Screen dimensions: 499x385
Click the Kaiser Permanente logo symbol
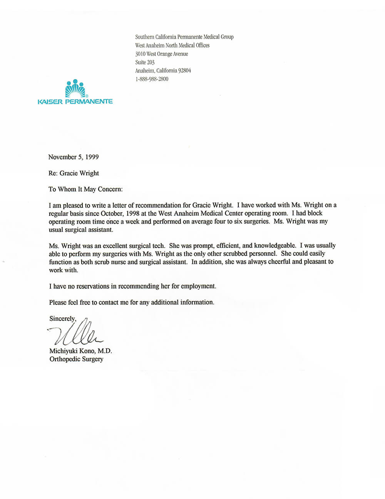point(75,89)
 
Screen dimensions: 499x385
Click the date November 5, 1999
point(73,157)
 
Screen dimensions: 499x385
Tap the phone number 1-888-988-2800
point(152,79)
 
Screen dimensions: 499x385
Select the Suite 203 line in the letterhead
point(145,62)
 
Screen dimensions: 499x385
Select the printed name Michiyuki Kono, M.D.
point(80,351)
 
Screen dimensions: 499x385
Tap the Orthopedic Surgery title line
point(76,359)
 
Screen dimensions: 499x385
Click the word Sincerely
point(62,319)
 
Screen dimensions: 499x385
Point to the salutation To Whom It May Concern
point(85,189)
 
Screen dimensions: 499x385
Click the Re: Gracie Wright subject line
point(74,173)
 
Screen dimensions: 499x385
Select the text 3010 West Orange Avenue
point(162,54)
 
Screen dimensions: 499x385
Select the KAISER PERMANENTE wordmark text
point(75,101)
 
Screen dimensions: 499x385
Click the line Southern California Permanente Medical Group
point(184,37)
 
